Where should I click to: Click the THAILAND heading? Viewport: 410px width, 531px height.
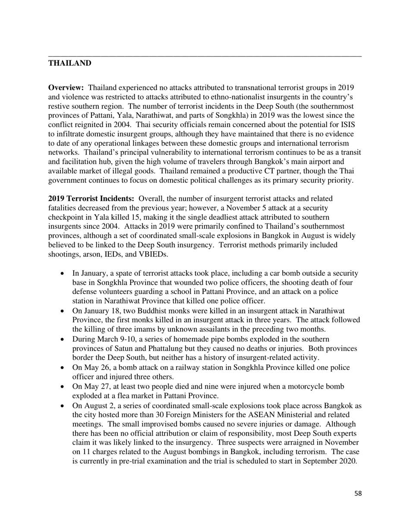tap(69, 63)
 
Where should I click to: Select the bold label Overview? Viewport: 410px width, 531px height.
tap(66, 88)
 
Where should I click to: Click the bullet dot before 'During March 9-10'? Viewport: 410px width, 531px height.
tap(63, 339)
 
